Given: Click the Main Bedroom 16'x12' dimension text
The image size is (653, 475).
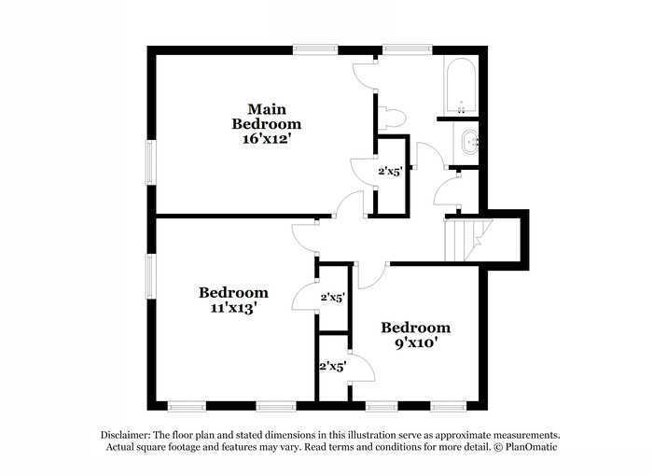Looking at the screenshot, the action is tap(266, 139).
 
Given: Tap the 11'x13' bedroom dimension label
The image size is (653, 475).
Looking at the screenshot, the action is tap(233, 308).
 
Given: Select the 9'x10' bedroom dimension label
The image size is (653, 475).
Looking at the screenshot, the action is tap(416, 343).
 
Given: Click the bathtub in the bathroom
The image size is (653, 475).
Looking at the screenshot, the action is tap(461, 86).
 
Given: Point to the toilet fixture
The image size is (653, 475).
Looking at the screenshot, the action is tap(392, 119).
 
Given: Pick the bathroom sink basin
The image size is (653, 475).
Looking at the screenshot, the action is tap(470, 142).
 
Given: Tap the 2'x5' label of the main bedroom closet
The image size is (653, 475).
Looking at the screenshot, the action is tap(390, 171).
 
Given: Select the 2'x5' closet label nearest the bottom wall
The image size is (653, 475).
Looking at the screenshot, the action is tap(333, 367).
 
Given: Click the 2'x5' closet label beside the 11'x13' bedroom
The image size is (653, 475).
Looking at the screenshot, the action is tap(333, 298).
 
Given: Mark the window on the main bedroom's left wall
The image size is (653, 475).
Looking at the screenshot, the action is tap(150, 162).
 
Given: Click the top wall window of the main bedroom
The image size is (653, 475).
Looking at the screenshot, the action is tap(315, 49).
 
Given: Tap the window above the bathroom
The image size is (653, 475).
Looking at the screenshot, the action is tap(408, 49).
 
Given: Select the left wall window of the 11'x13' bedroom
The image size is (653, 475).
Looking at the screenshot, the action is tap(150, 276).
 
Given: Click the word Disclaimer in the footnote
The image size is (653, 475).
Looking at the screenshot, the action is tap(125, 436).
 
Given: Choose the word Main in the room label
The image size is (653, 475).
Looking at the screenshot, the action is tap(267, 109).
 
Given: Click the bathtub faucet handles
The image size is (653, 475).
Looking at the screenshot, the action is tap(462, 109).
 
